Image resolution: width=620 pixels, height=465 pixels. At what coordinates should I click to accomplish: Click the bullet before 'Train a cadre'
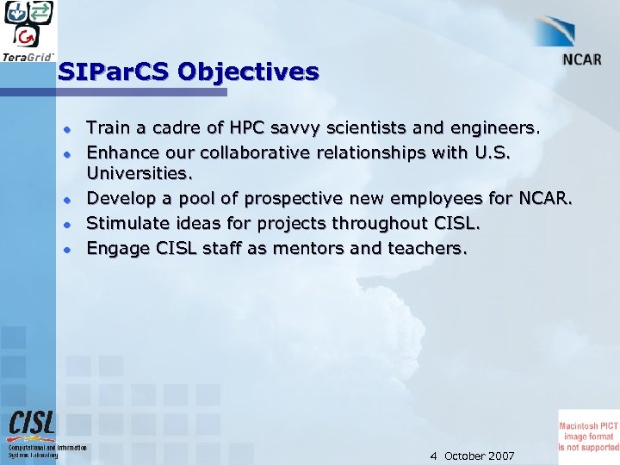(65, 129)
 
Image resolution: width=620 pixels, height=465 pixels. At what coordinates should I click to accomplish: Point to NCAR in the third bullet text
(543, 200)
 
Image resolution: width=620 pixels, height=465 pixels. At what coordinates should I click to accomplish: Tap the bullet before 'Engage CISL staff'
(65, 249)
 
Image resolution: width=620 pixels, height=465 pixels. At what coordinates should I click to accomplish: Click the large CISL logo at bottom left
(32, 423)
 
